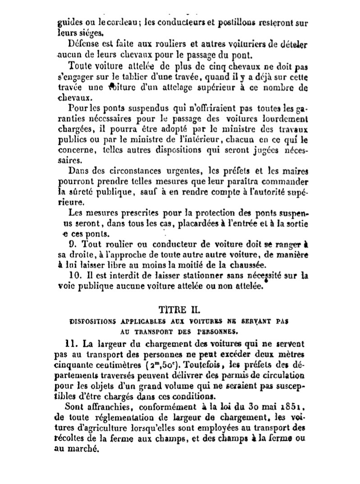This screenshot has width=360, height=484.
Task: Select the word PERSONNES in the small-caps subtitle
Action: (220, 332)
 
